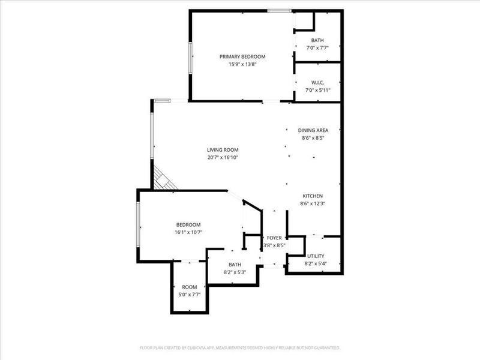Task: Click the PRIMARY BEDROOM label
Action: tap(242, 56)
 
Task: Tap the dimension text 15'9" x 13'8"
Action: tap(242, 64)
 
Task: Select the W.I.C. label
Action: tap(317, 82)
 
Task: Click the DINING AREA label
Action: tap(313, 130)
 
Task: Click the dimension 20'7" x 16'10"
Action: tap(223, 158)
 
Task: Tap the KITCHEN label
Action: tap(313, 196)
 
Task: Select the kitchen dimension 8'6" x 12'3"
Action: tap(313, 203)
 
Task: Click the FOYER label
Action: tap(274, 238)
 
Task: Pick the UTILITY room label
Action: tap(316, 256)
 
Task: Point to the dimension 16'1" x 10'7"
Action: tap(188, 232)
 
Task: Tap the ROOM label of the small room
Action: tap(190, 287)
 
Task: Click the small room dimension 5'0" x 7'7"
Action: tap(190, 295)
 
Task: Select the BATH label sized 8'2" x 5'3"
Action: tap(235, 264)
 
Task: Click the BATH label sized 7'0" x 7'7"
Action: tap(317, 40)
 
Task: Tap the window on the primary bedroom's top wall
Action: tap(279, 11)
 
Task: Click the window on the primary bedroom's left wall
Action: tap(191, 58)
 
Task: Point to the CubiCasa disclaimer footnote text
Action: tap(240, 347)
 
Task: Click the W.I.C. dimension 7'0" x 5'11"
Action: tap(317, 90)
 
